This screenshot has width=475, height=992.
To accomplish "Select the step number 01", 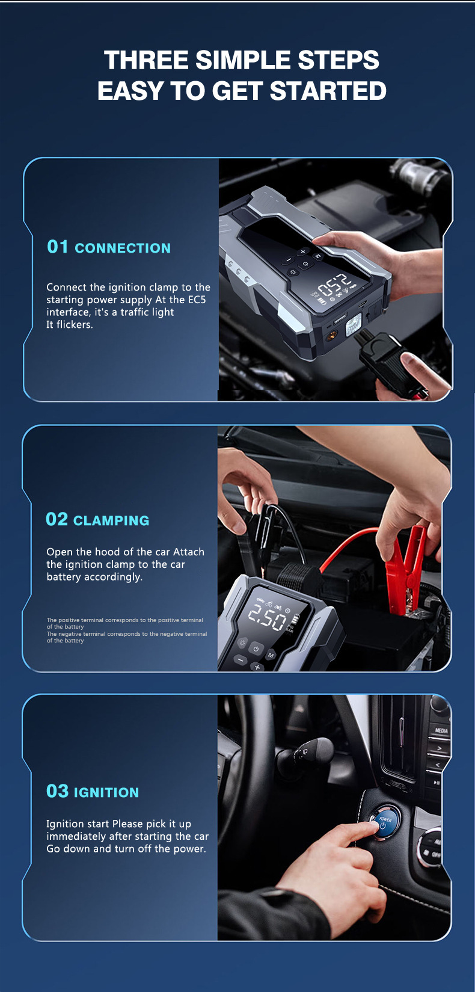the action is tap(58, 247).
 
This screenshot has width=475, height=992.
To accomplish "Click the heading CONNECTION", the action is tap(123, 248).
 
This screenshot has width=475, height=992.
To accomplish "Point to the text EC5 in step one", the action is tap(197, 300).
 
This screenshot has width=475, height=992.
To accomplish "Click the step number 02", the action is tap(57, 519).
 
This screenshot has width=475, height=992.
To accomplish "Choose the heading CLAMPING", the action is tap(111, 520).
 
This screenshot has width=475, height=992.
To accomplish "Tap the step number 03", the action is tap(58, 791).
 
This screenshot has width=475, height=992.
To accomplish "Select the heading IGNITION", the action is tap(106, 792).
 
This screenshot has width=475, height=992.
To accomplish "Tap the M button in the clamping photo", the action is tap(271, 655).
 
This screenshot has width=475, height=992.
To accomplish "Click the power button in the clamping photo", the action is tap(256, 648).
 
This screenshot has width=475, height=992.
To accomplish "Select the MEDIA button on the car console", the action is tap(441, 730).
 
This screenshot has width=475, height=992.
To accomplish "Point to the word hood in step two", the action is tap(106, 552).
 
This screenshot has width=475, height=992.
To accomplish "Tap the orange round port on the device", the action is tap(330, 336).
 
